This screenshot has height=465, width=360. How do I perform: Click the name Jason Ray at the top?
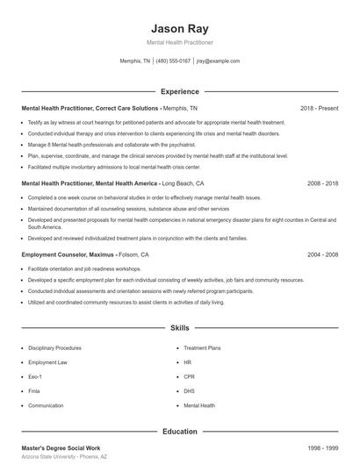click(x=180, y=27)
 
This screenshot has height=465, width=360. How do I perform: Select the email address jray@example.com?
click(x=218, y=61)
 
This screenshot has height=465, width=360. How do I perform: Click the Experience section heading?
click(x=180, y=91)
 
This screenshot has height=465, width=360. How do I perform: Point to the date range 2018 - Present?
click(x=319, y=108)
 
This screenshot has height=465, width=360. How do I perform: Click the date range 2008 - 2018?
click(x=322, y=184)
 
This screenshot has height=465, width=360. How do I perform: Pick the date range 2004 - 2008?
click(x=322, y=254)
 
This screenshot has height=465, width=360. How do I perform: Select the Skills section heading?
click(x=180, y=328)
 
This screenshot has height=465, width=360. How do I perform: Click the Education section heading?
click(x=180, y=432)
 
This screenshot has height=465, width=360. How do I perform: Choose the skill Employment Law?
click(x=48, y=362)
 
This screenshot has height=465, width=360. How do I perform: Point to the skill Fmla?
click(x=36, y=391)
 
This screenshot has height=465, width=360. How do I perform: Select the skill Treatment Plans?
click(x=203, y=347)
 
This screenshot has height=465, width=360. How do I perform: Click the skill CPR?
click(x=189, y=377)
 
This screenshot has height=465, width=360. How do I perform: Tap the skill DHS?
click(x=189, y=391)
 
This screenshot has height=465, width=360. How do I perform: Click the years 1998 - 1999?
click(x=322, y=448)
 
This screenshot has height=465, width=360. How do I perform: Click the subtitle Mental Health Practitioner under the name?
click(x=180, y=42)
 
